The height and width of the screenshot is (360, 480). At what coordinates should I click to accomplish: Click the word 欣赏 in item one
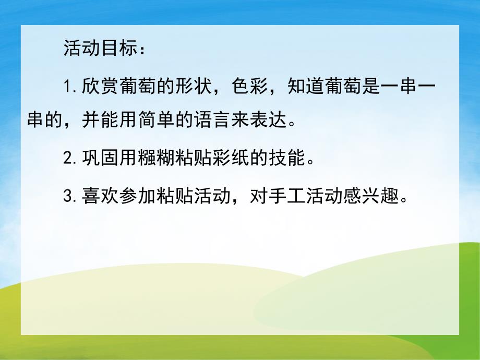[100, 86]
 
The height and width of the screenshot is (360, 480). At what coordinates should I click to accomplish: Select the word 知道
[305, 86]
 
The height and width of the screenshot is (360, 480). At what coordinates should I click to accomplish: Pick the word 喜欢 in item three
[100, 196]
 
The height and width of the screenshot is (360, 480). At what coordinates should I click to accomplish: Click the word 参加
[134, 196]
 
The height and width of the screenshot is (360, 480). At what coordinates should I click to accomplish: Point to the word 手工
[288, 196]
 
